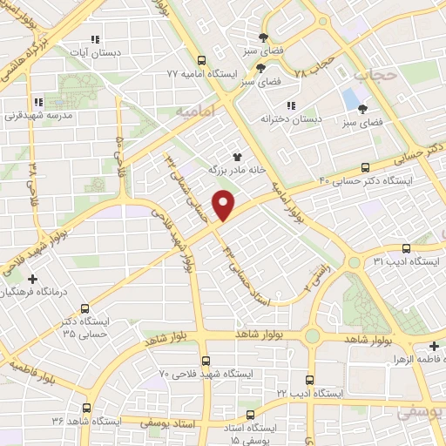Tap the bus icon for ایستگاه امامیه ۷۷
click(x=202, y=61)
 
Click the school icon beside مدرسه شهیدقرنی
click(x=36, y=103)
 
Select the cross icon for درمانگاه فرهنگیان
click(x=32, y=279)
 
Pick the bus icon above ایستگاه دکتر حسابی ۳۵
click(x=84, y=308)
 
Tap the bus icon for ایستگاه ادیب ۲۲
click(x=310, y=380)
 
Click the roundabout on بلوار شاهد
click(x=312, y=336)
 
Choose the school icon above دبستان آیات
click(x=96, y=39)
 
